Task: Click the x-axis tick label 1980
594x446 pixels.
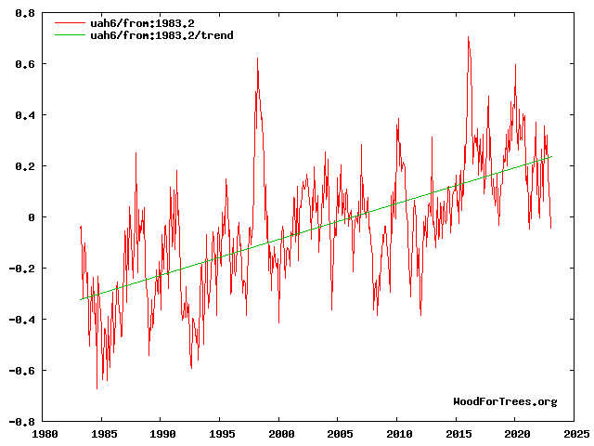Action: tap(43, 433)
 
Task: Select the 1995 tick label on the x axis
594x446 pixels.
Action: tap(221, 433)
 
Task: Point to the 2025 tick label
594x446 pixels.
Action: tap(575, 433)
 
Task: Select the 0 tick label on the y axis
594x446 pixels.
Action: tap(32, 217)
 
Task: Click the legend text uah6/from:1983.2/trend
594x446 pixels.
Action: tap(161, 35)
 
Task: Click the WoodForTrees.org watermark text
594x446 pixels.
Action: tap(505, 401)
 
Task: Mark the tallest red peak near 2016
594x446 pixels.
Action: tap(468, 37)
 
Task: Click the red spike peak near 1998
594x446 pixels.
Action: tap(257, 59)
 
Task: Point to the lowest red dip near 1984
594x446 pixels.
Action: tap(97, 388)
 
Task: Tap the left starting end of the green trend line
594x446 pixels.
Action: tap(81, 299)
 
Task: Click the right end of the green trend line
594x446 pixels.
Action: tap(551, 156)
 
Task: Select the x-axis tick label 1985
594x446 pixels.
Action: tap(102, 433)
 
